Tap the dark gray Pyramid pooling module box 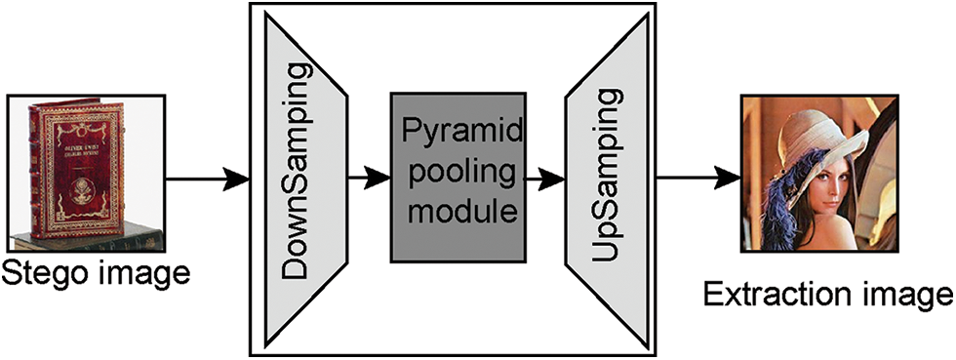[456, 179]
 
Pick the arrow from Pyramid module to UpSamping [543, 180]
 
